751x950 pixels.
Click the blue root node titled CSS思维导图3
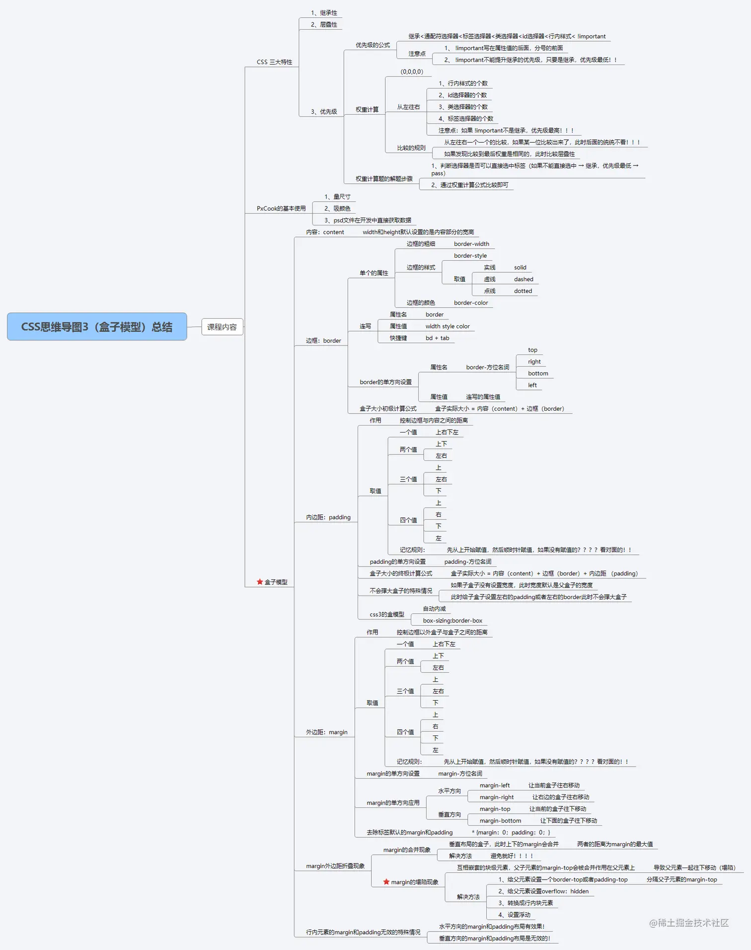[97, 327]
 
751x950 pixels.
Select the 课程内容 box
[222, 327]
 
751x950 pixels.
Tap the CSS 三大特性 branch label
[274, 62]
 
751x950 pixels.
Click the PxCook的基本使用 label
[281, 209]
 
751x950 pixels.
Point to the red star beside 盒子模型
[260, 582]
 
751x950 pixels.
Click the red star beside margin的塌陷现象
[386, 881]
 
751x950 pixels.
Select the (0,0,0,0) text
[412, 72]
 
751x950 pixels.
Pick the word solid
[520, 267]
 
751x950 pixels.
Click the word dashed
[524, 279]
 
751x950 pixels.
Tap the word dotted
[523, 291]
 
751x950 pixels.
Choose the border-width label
[471, 244]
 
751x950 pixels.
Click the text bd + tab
[437, 338]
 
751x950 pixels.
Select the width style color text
[448, 326]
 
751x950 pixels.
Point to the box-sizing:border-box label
[452, 620]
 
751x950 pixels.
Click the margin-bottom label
[500, 820]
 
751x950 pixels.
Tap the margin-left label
[495, 785]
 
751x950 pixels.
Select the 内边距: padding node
[328, 517]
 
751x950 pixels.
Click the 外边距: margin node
[327, 732]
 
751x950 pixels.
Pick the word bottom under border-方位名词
[538, 373]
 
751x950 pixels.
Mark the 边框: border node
[323, 341]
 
